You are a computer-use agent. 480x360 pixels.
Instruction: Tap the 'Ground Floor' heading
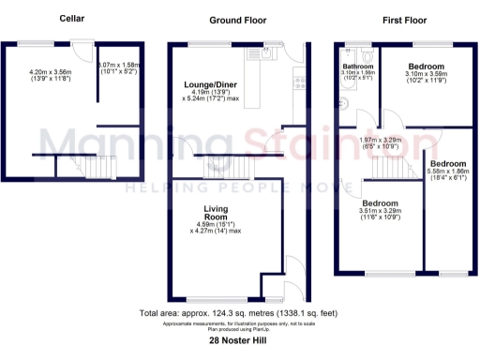(237, 19)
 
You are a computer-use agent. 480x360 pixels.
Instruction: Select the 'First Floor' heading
(405, 19)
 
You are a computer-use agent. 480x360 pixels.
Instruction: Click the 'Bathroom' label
(357, 67)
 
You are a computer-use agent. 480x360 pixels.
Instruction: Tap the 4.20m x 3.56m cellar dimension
(52, 73)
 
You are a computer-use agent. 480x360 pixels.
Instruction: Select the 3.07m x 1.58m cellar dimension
(118, 67)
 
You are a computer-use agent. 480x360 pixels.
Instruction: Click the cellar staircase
(97, 170)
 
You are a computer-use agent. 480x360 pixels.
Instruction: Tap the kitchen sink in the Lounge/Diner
(262, 54)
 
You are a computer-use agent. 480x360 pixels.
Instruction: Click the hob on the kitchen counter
(299, 80)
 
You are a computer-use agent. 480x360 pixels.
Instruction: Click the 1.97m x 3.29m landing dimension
(381, 143)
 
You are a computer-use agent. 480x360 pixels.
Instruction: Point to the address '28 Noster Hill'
(239, 342)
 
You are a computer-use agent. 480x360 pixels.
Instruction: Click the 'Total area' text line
(239, 312)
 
